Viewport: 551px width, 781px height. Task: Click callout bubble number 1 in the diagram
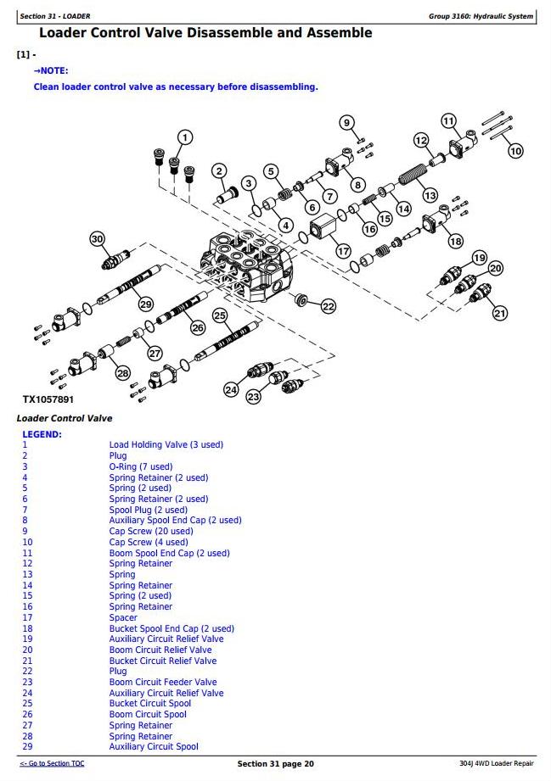(185, 137)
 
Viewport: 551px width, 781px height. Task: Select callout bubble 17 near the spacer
(343, 251)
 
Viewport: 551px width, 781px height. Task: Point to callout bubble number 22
(328, 306)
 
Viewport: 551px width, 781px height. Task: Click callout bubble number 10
(515, 151)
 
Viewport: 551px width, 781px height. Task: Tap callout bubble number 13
(430, 196)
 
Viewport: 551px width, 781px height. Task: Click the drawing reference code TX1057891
(48, 399)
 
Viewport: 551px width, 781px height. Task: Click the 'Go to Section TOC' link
(52, 764)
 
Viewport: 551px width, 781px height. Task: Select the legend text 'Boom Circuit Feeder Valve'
(162, 682)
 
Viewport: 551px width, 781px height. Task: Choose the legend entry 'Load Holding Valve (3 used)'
(166, 444)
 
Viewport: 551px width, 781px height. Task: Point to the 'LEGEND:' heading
(42, 434)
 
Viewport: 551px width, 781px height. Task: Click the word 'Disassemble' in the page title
(228, 33)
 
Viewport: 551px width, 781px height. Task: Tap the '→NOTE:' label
(51, 70)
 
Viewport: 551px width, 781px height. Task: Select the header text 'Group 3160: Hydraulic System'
(481, 16)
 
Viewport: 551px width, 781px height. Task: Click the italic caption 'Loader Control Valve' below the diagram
(65, 418)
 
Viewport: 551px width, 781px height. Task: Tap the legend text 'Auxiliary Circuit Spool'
(154, 746)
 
